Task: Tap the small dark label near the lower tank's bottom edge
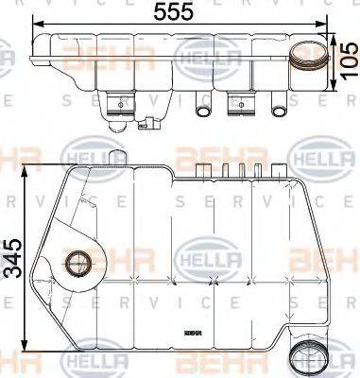point(194,334)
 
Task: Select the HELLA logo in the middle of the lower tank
point(201,257)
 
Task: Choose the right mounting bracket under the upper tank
point(237,101)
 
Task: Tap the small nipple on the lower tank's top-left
point(115,155)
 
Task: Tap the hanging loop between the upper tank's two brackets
point(202,109)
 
